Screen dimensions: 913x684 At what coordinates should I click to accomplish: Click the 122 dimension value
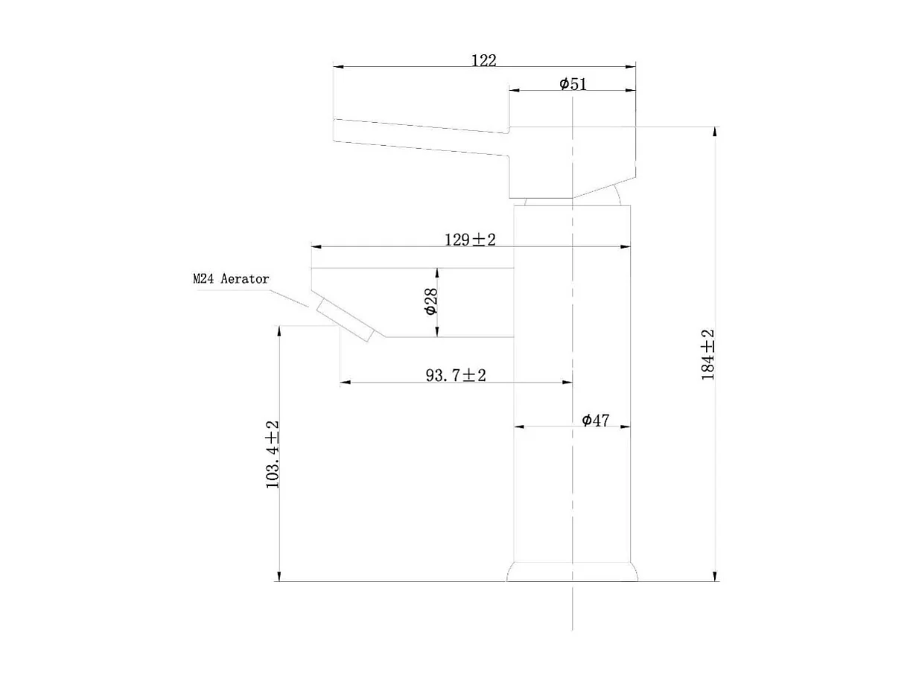click(x=483, y=61)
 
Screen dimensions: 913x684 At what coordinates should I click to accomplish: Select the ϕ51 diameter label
click(x=573, y=84)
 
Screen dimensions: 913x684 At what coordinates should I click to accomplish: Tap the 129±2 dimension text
click(x=470, y=240)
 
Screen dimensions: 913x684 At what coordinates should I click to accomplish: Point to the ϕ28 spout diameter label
click(x=431, y=301)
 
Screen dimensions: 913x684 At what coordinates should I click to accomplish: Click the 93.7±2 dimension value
click(x=456, y=375)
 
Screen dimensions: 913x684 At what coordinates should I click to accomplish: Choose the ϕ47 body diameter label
click(x=596, y=420)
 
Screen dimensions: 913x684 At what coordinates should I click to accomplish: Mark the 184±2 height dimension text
click(x=707, y=354)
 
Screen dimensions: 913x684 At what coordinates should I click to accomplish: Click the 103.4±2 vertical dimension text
click(x=273, y=455)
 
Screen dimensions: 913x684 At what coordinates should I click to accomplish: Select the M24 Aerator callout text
click(x=231, y=278)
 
